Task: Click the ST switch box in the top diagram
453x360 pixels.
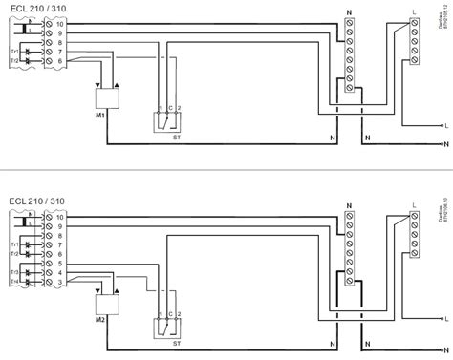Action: tap(167, 120)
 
